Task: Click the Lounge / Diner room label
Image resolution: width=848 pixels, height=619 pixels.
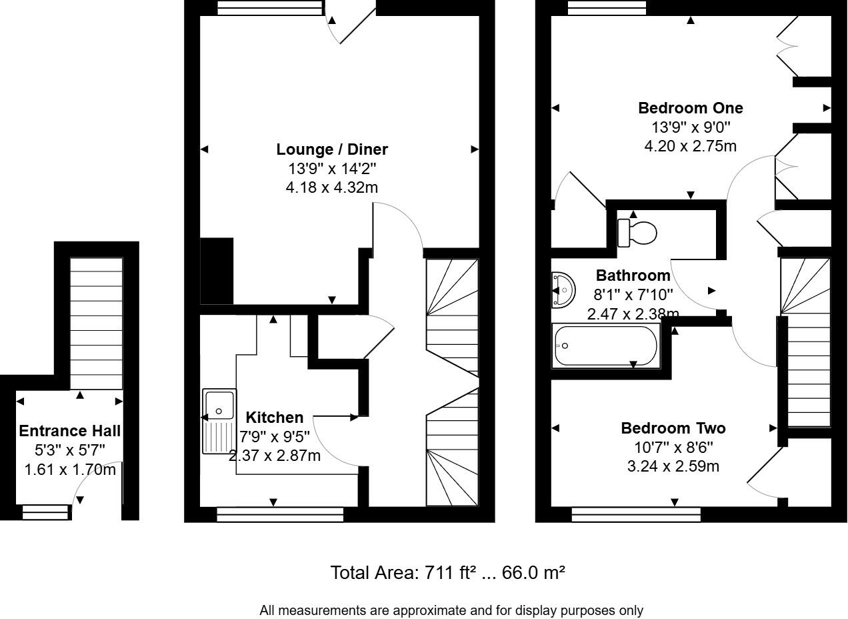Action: point(332,149)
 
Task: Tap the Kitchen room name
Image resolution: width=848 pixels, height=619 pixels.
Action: point(275,418)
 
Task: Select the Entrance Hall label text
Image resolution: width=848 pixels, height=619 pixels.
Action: point(69,431)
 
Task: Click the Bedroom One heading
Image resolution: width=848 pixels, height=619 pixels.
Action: point(690,108)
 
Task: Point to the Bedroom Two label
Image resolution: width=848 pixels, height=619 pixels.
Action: point(673,428)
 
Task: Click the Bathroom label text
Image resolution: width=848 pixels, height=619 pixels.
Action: point(633,275)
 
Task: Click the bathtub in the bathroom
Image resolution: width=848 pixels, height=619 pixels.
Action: point(605,346)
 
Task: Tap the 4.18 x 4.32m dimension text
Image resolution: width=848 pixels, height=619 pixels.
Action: point(332,187)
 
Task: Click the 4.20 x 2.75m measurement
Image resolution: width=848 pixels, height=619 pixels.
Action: point(690,146)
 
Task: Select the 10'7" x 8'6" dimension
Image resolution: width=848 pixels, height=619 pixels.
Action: point(673,448)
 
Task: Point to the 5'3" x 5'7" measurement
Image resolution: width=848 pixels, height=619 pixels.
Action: point(69,450)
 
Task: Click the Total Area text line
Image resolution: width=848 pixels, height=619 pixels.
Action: point(448,572)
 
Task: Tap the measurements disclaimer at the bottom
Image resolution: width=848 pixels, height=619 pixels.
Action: point(451,610)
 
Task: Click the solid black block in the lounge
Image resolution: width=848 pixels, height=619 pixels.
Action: point(217,271)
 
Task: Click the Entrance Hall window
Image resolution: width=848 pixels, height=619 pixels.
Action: point(45,512)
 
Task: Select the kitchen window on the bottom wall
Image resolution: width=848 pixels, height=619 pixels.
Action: point(280,514)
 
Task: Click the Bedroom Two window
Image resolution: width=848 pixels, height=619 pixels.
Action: point(636,514)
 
